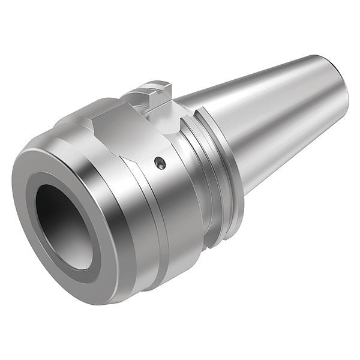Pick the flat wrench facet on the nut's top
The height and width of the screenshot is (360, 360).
tap(123, 129)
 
